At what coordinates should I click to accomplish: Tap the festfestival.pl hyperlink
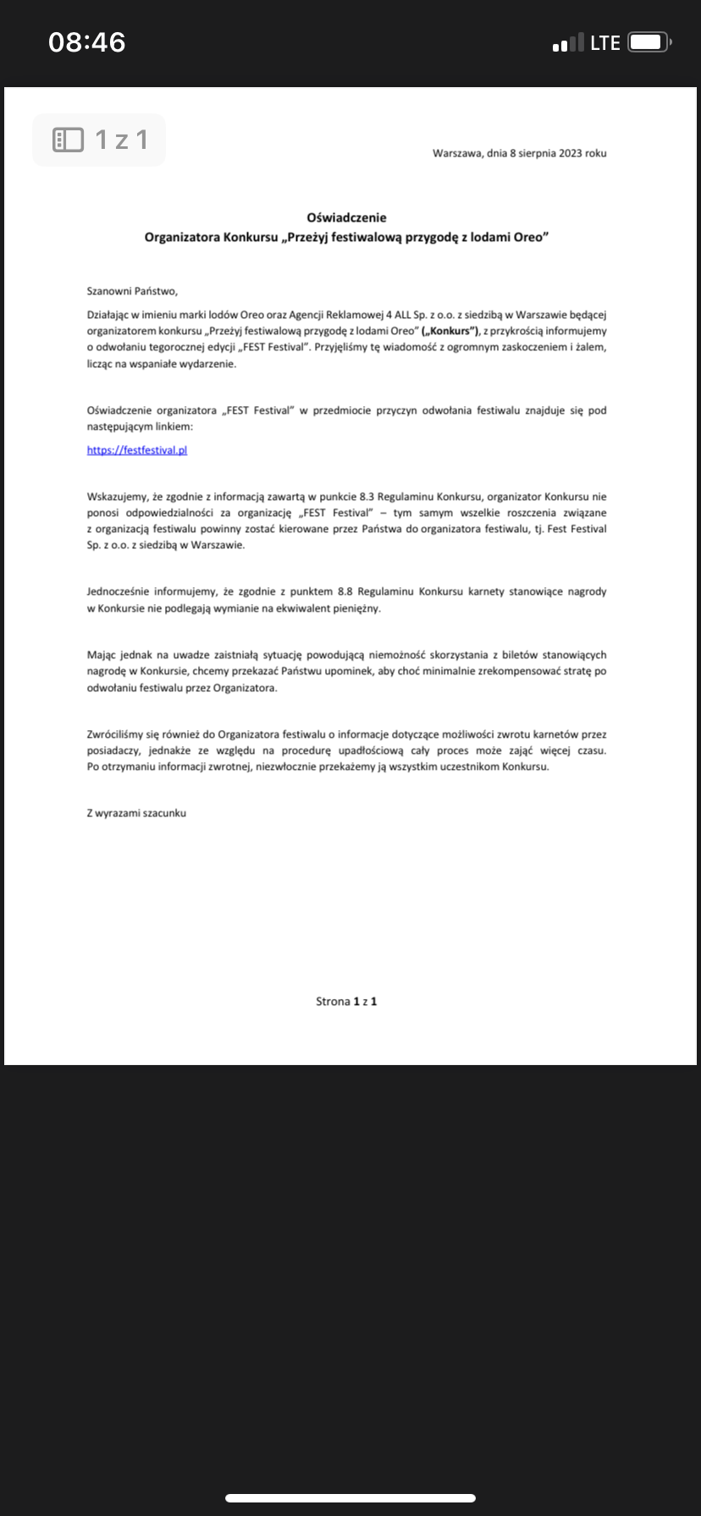click(136, 450)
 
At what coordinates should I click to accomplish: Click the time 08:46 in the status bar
click(87, 42)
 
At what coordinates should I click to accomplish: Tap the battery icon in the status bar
click(649, 42)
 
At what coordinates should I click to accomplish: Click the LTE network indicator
click(605, 42)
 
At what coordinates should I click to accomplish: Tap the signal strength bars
click(568, 42)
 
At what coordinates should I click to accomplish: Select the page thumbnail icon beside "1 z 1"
click(68, 140)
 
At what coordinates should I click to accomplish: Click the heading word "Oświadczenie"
click(346, 217)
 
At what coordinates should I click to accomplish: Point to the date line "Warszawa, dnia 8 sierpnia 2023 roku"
click(519, 153)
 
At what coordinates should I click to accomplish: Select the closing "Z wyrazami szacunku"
click(136, 813)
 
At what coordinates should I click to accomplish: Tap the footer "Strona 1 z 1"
click(346, 1002)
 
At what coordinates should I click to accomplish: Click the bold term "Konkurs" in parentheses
click(451, 331)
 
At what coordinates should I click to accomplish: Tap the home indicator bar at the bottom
click(350, 1497)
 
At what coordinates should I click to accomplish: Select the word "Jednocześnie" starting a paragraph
click(119, 591)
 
